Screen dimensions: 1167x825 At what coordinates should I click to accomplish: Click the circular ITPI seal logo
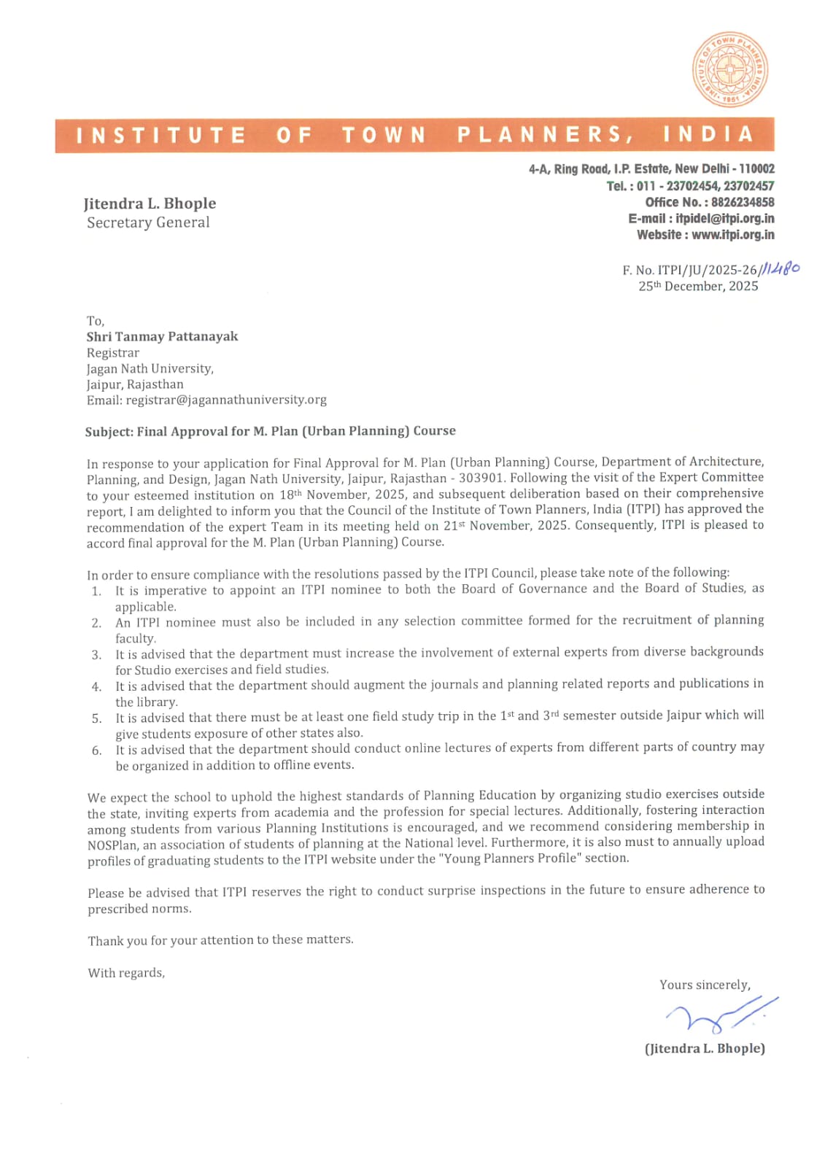coord(729,70)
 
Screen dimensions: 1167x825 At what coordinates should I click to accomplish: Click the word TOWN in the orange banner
coord(384,135)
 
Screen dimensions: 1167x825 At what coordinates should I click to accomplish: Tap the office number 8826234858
coord(743,202)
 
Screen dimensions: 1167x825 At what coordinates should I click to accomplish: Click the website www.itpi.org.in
coord(732,235)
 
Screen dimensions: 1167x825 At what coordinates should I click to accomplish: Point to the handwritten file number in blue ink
coord(781,268)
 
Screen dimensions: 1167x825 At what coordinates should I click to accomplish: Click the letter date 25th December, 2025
coord(698,286)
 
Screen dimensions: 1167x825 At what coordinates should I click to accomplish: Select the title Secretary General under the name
coord(148,222)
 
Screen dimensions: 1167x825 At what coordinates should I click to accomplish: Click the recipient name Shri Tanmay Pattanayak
coord(162,336)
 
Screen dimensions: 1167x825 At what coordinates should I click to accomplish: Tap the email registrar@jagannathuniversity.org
coord(226,400)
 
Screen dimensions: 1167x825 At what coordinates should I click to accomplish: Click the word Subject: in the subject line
coord(109,432)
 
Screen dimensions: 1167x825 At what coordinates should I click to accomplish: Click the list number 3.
coord(96,655)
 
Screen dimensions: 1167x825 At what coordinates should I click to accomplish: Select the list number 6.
coord(96,751)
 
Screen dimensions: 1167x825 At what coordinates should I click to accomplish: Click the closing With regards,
coord(126,973)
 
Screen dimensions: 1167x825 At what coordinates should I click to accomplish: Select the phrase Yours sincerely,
coord(705,985)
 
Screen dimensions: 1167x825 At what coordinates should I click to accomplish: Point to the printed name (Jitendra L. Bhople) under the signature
coord(705,1048)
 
